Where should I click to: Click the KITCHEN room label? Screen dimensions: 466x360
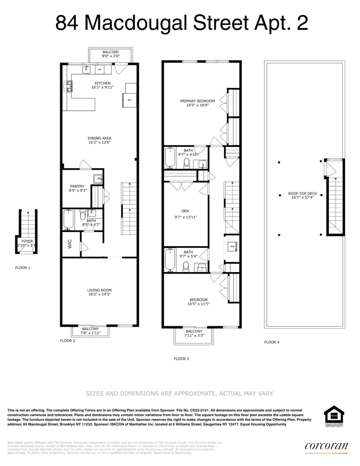(99, 83)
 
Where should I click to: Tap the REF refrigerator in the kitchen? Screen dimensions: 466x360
(129, 100)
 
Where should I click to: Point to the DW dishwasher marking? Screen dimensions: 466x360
(100, 70)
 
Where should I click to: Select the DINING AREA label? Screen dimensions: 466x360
(99, 138)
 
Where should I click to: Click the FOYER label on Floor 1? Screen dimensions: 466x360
(27, 241)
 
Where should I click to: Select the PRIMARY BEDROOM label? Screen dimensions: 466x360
(197, 101)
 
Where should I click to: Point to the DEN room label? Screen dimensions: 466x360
(185, 210)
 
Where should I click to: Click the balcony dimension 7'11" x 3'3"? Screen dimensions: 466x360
(194, 335)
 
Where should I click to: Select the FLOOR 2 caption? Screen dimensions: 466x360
(68, 341)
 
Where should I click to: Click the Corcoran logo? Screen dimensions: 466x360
(326, 446)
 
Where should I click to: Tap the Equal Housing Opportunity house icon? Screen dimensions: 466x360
(333, 414)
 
